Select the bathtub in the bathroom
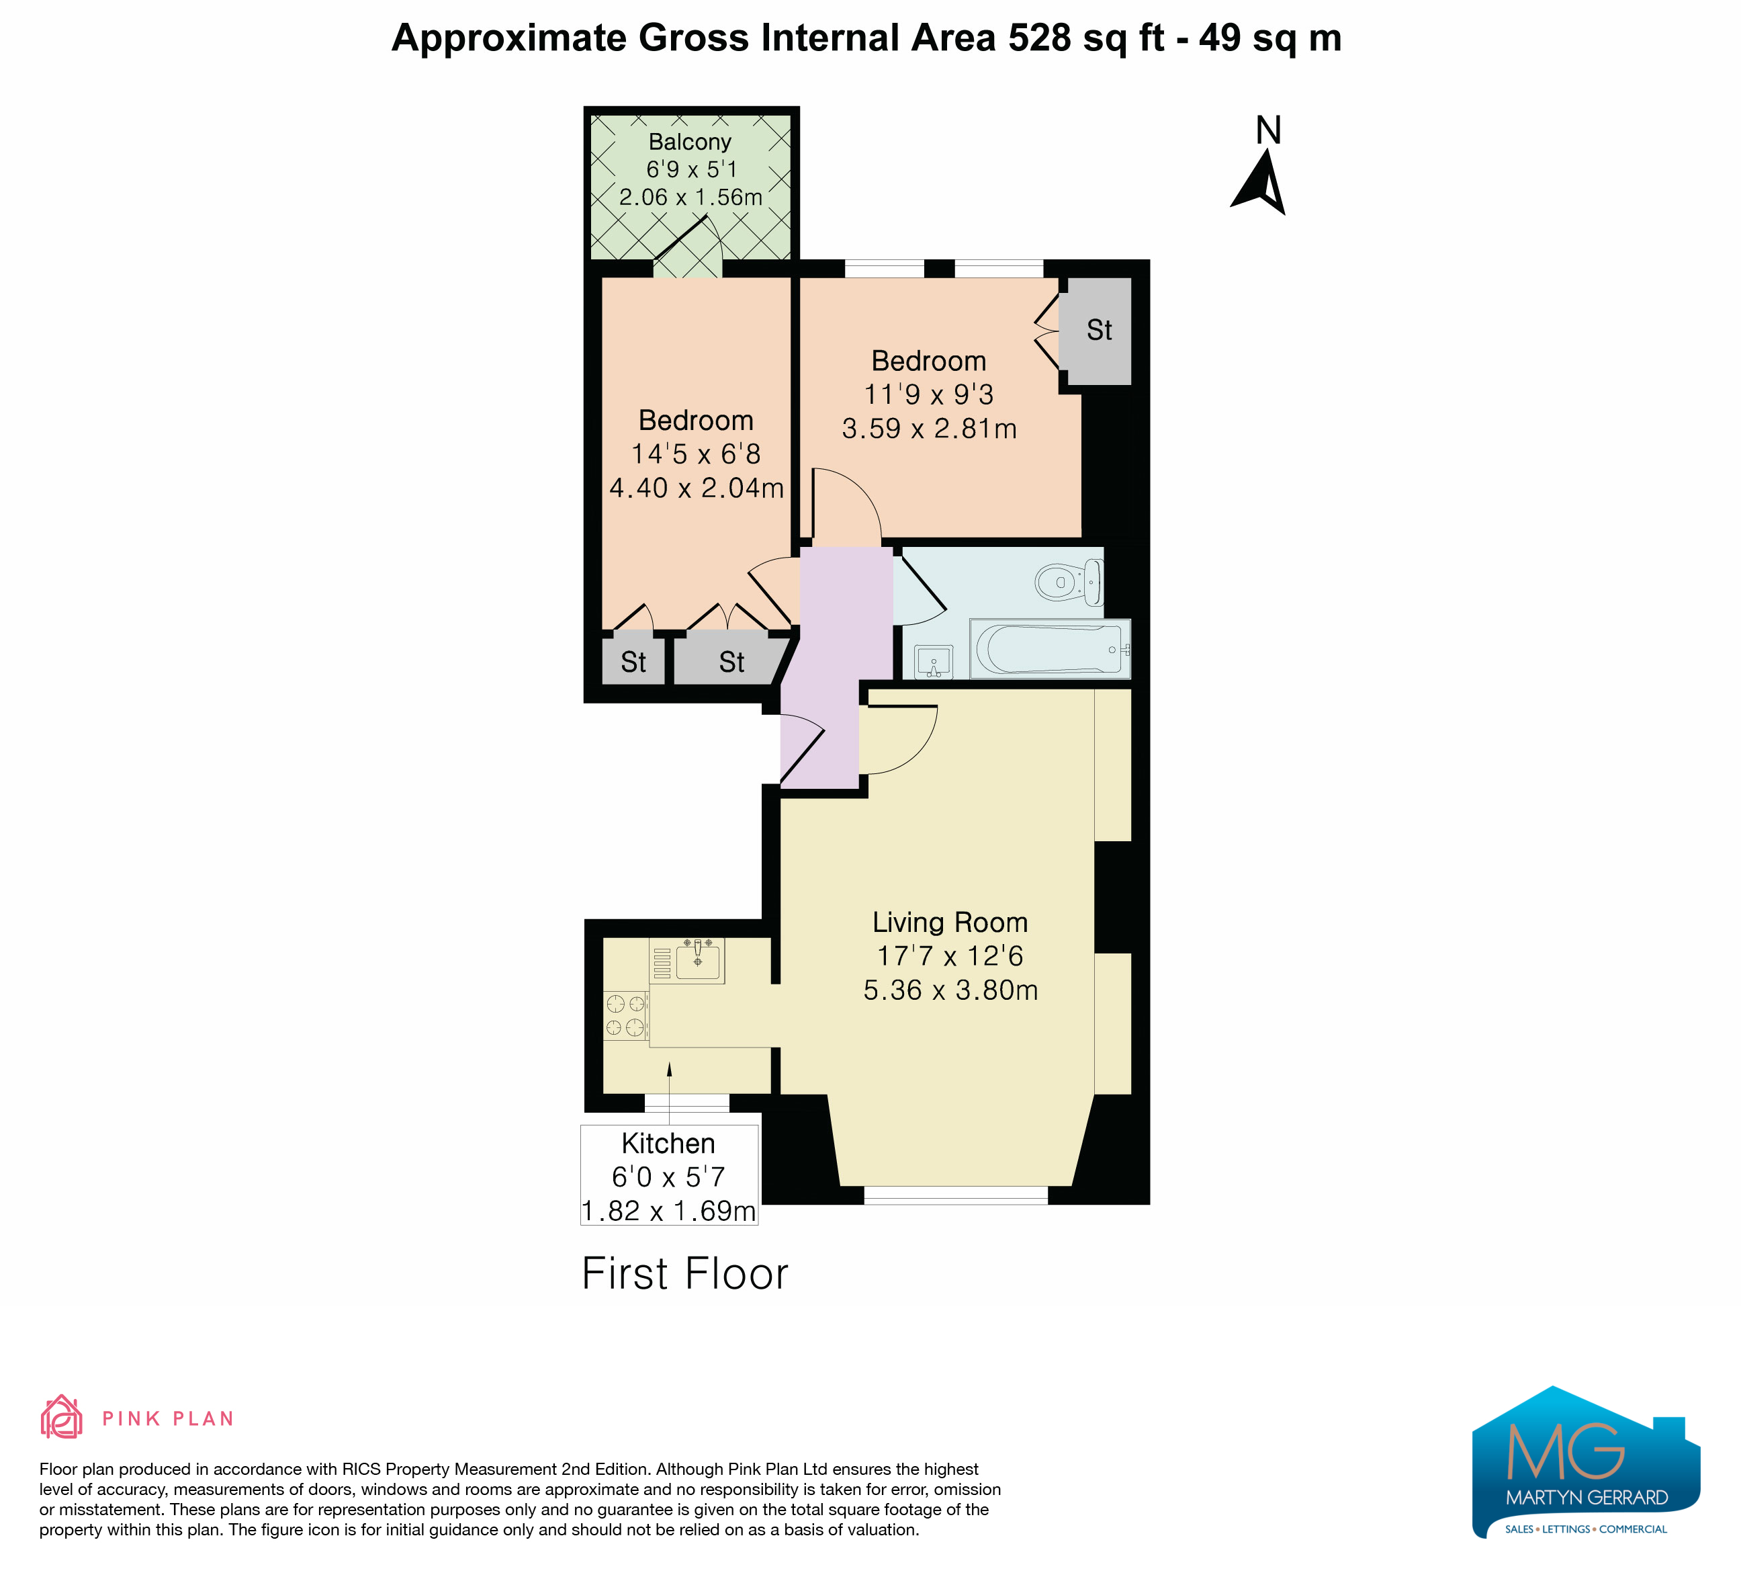[1050, 648]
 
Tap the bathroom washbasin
[934, 662]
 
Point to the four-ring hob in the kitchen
[626, 1015]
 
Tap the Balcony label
[690, 142]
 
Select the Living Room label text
[950, 923]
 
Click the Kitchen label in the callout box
[668, 1144]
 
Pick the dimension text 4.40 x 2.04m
[696, 488]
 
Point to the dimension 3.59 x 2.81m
[929, 429]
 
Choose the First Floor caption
[685, 1274]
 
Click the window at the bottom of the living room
[956, 1195]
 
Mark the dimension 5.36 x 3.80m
[951, 990]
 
